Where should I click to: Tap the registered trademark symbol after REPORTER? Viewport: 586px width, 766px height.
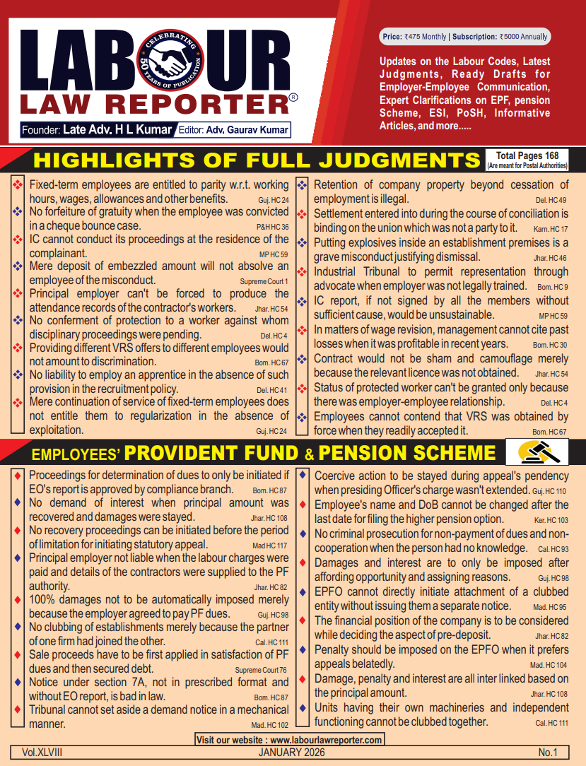[293, 98]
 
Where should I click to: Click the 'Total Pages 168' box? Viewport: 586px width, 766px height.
[527, 160]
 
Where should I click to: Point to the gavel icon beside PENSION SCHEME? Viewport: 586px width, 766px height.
[539, 452]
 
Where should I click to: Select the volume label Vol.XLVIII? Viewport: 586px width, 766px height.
[36, 753]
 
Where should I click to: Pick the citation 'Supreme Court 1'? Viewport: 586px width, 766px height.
[264, 281]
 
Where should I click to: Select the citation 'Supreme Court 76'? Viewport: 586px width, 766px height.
[262, 670]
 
